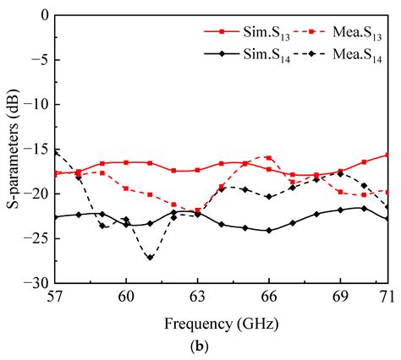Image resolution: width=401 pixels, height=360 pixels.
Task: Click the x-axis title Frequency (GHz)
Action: click(221, 323)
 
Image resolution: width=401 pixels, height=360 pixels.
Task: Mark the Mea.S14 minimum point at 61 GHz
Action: click(150, 257)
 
